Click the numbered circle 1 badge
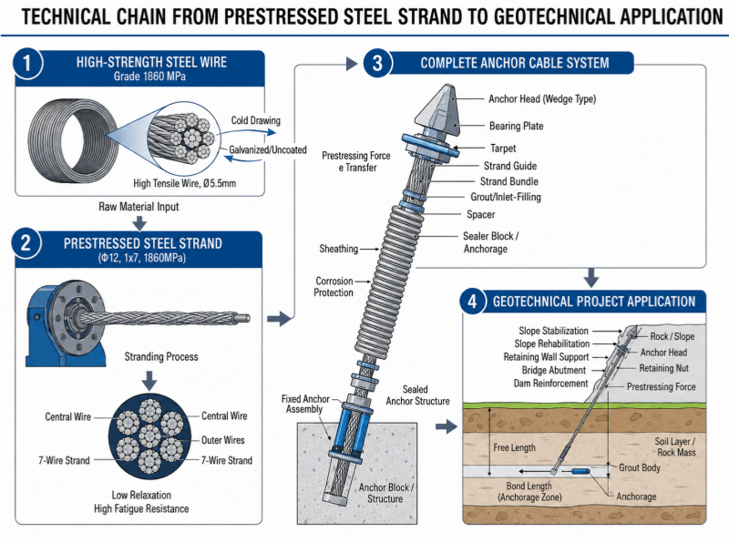click(x=27, y=63)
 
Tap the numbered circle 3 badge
click(x=377, y=63)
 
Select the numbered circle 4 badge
click(x=472, y=302)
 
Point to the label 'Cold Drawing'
click(x=256, y=120)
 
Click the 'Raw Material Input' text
click(x=139, y=207)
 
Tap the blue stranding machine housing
click(x=65, y=323)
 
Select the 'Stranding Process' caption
click(x=161, y=356)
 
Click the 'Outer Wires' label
click(x=222, y=440)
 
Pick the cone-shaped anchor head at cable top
click(x=439, y=110)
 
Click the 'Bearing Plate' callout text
click(x=516, y=126)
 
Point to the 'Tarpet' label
click(x=503, y=149)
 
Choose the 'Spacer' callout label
click(x=481, y=214)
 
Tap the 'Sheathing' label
click(x=338, y=249)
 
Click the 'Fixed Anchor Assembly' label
click(x=305, y=404)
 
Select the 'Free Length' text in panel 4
click(x=514, y=447)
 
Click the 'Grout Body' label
click(x=640, y=467)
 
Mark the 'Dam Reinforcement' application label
click(x=551, y=383)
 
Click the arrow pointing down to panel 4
click(x=590, y=278)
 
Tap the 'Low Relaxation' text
click(x=141, y=495)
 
